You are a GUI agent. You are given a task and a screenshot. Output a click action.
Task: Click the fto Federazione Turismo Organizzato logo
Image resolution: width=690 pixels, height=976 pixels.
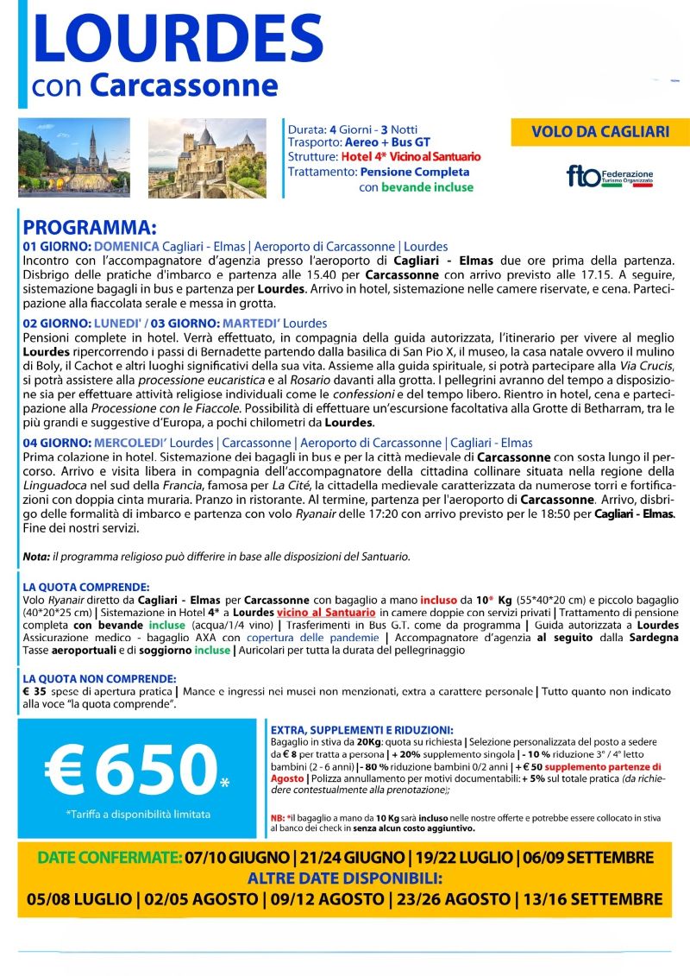point(609,176)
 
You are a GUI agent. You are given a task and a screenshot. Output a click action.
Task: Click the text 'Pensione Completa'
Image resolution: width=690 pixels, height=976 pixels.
point(404,172)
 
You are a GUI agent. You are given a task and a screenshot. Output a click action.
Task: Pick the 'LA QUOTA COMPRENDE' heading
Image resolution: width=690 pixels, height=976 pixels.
point(86,585)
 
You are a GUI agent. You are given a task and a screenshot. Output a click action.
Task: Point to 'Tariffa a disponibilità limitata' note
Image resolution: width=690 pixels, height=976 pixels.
point(138,814)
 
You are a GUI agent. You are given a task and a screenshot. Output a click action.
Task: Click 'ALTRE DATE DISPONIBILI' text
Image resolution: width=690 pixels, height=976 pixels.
point(344,878)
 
